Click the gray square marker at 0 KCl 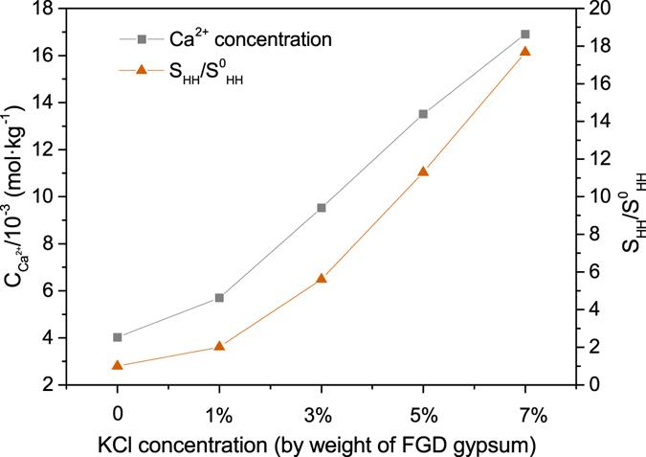pyautogui.click(x=118, y=337)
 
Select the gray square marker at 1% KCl pyautogui.click(x=219, y=298)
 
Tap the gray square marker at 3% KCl pyautogui.click(x=322, y=208)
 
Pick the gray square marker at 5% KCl pyautogui.click(x=423, y=114)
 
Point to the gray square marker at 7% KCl pyautogui.click(x=524, y=34)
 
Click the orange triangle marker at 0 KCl pyautogui.click(x=118, y=365)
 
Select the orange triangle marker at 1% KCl pyautogui.click(x=219, y=346)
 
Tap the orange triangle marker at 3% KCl pyautogui.click(x=322, y=278)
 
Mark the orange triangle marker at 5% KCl pyautogui.click(x=423, y=171)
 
